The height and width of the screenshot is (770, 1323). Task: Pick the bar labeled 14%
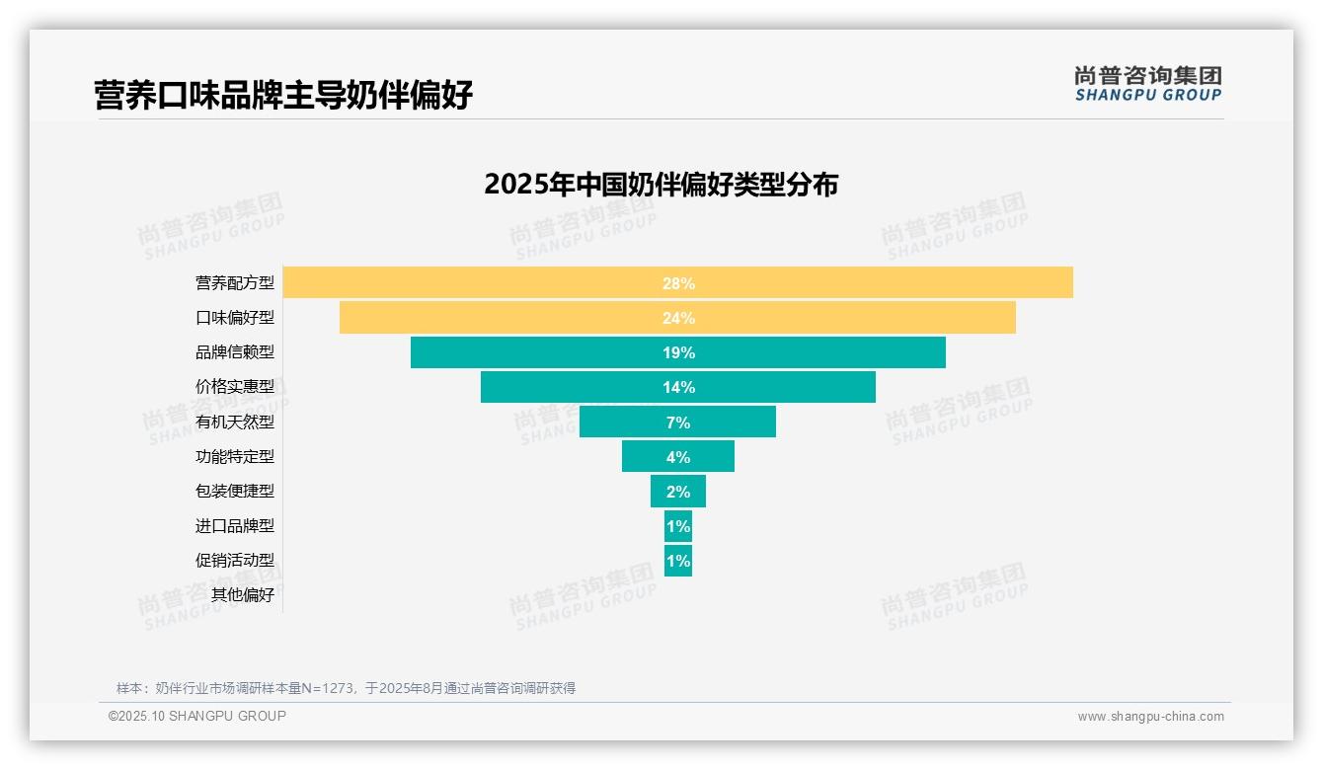click(x=678, y=387)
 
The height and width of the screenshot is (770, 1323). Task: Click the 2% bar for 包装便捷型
click(x=677, y=492)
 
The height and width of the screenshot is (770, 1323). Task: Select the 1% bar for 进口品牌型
click(x=678, y=526)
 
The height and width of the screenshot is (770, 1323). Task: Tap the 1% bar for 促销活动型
click(x=678, y=561)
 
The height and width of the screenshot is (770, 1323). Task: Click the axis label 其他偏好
click(x=243, y=595)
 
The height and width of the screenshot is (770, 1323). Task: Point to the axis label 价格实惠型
click(x=235, y=387)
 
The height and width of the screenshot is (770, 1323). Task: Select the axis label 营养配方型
click(x=235, y=283)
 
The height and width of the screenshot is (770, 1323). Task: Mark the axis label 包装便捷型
click(x=235, y=492)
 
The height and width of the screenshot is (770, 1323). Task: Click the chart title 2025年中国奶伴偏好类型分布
click(x=661, y=185)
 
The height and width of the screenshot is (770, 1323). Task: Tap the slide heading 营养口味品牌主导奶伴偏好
click(x=283, y=96)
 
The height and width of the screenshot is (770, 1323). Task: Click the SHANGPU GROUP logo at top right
click(x=1147, y=84)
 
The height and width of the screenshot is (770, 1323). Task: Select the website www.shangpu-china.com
click(x=1150, y=717)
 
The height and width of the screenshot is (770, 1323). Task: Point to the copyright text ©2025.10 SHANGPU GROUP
click(x=197, y=717)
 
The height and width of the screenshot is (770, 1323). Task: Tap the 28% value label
click(x=678, y=283)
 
